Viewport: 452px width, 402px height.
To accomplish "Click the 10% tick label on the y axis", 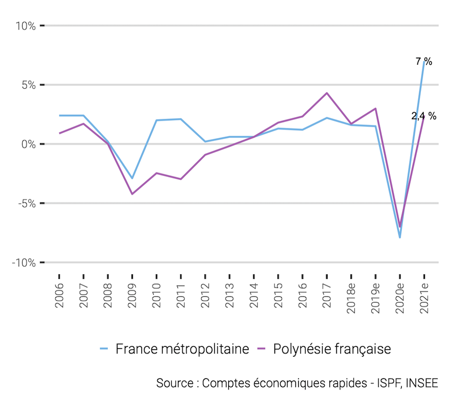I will pyautogui.click(x=25, y=26).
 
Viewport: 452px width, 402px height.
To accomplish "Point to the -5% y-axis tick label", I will pyautogui.click(x=25, y=204).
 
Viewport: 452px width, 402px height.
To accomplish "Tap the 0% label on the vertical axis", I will pyautogui.click(x=28, y=144).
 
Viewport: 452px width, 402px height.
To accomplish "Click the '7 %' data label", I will pyautogui.click(x=424, y=61).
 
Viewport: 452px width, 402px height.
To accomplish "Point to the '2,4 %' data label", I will pyautogui.click(x=424, y=116).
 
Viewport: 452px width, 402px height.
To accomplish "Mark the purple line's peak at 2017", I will pyautogui.click(x=327, y=93).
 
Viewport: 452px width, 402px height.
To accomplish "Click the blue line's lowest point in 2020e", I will pyautogui.click(x=399, y=237).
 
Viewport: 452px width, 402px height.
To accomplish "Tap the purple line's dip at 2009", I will pyautogui.click(x=132, y=194).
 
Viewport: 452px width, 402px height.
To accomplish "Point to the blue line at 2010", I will pyautogui.click(x=157, y=120).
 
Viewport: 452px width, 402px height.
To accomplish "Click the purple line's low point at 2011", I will pyautogui.click(x=181, y=179).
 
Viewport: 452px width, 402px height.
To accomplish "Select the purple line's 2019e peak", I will pyautogui.click(x=375, y=109).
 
